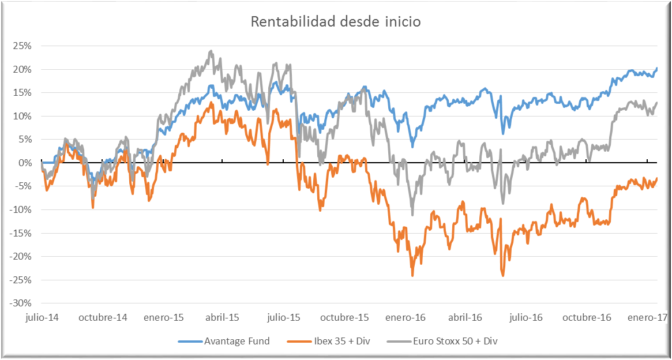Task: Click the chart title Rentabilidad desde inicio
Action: [x=336, y=22]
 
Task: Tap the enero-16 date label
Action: [x=406, y=317]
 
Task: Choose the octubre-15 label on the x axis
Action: [x=344, y=317]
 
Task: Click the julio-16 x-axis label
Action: [x=526, y=317]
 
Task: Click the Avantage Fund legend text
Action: [x=237, y=341]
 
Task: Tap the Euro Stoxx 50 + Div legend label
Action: [x=455, y=341]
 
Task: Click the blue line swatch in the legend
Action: [x=189, y=341]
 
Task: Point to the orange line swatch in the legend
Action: [x=298, y=341]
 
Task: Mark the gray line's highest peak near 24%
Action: [x=211, y=51]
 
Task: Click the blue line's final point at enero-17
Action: [x=657, y=69]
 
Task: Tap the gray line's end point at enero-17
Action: [x=657, y=103]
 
